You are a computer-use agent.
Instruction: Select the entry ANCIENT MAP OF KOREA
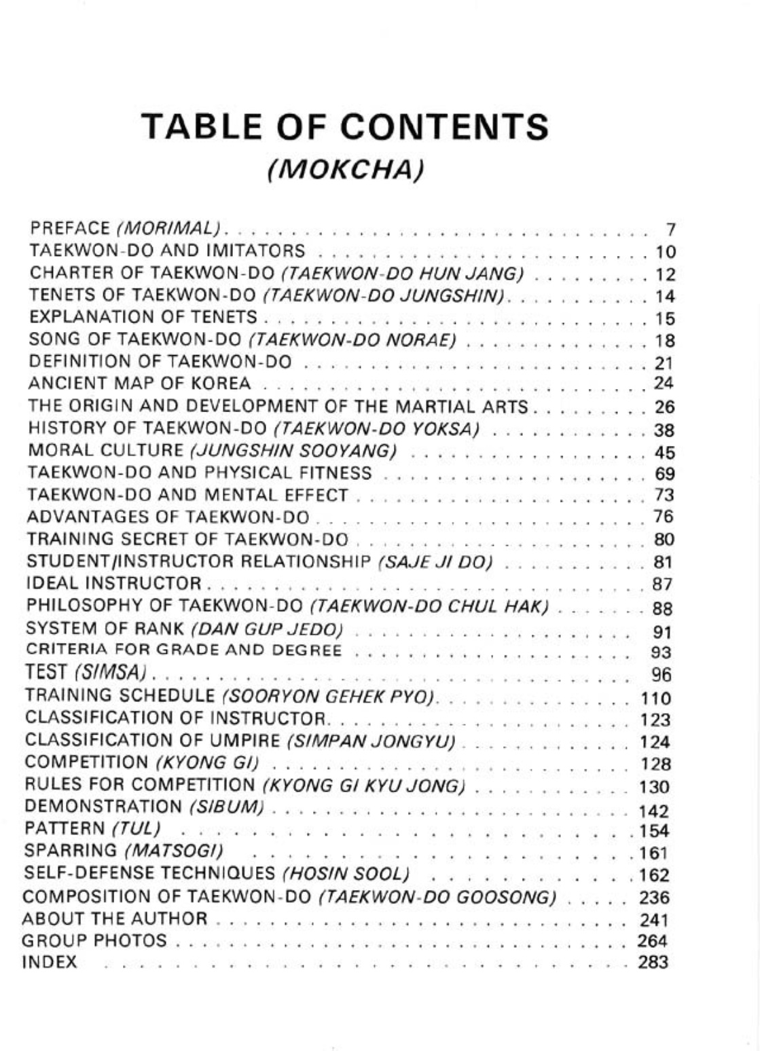pyautogui.click(x=139, y=384)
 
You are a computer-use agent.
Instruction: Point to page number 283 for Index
pyautogui.click(x=653, y=962)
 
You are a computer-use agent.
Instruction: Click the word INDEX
pyautogui.click(x=50, y=962)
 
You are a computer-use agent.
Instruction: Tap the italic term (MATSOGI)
pyautogui.click(x=175, y=851)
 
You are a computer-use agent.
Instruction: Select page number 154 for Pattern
pyautogui.click(x=655, y=831)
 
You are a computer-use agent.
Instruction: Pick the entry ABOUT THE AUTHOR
pyautogui.click(x=115, y=919)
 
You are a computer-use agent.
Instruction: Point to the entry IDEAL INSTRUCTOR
pyautogui.click(x=114, y=583)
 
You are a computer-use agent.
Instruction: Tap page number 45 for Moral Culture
pyautogui.click(x=664, y=452)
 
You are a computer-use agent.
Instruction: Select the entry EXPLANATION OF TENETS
pyautogui.click(x=143, y=317)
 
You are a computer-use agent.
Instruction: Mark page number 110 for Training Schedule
pyautogui.click(x=655, y=699)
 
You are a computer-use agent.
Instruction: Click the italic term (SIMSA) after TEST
pyautogui.click(x=111, y=673)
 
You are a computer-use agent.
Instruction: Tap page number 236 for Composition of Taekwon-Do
pyautogui.click(x=655, y=898)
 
